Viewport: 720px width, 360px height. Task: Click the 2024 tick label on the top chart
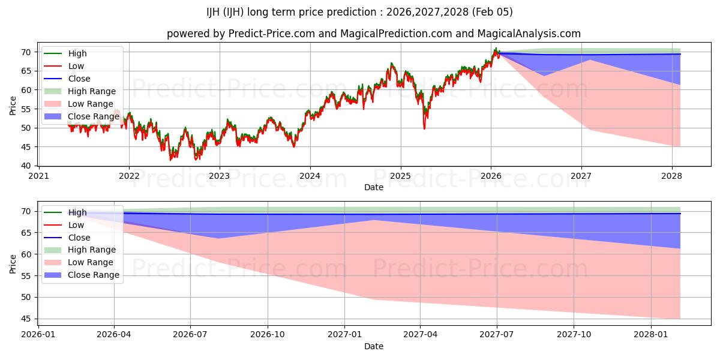[x=310, y=176]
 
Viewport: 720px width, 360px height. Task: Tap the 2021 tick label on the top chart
[x=39, y=176]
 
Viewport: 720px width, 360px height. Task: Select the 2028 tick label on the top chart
[x=671, y=176]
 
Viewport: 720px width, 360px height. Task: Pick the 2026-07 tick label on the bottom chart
[x=190, y=335]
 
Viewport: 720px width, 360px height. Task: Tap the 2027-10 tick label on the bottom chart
[x=574, y=335]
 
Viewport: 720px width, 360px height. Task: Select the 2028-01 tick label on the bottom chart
[x=650, y=335]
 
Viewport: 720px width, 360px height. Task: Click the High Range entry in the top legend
[x=92, y=91]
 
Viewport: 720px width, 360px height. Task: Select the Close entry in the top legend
[x=79, y=79]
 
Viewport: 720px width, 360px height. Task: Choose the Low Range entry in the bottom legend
[x=91, y=262]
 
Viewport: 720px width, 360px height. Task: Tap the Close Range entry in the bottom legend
[x=94, y=275]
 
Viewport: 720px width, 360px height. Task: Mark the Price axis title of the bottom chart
[x=13, y=263]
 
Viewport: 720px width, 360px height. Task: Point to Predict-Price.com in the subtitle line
[x=271, y=34]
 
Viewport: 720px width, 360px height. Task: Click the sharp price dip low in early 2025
[x=424, y=128]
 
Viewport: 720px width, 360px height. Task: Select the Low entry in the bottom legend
[x=76, y=225]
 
